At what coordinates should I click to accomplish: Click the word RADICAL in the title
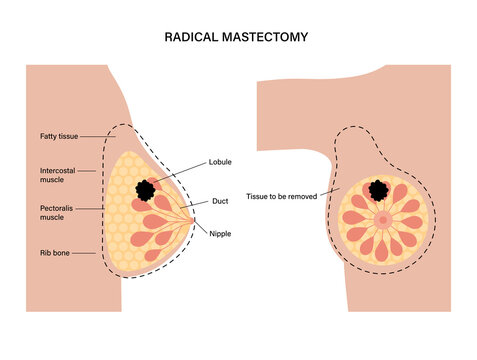point(195,36)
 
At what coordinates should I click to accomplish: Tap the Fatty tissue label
point(55,135)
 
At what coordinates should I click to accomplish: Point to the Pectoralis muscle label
point(51,215)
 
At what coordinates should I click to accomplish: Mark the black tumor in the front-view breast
point(379,190)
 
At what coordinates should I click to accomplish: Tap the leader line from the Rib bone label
point(87,253)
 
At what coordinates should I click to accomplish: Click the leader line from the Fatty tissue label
point(96,136)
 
